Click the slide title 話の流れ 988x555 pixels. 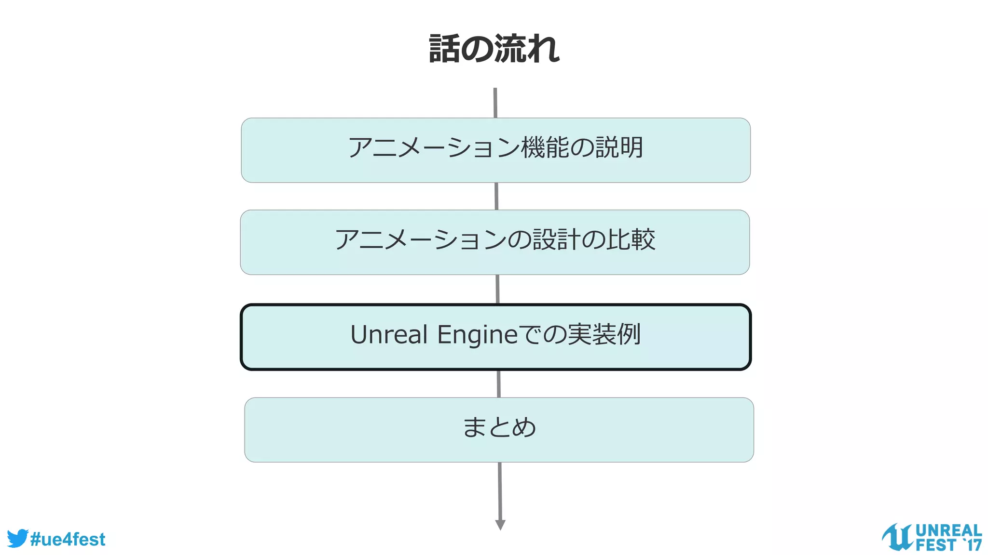click(494, 49)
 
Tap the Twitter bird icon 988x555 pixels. click(17, 538)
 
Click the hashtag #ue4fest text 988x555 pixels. click(68, 540)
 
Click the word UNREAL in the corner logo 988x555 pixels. click(948, 530)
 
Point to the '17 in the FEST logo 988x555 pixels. click(972, 545)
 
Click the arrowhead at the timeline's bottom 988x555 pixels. click(500, 525)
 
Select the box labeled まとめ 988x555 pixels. click(499, 429)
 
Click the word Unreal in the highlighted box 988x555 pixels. click(389, 335)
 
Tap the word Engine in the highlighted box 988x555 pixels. click(477, 335)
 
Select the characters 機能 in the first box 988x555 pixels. click(545, 147)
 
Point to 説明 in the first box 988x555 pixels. click(619, 147)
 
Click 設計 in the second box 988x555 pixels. click(556, 239)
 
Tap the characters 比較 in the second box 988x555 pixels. click(631, 239)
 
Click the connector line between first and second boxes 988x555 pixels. click(496, 196)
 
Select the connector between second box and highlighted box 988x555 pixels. click(497, 289)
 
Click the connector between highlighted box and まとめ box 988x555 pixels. click(498, 383)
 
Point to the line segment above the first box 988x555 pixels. click(495, 103)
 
